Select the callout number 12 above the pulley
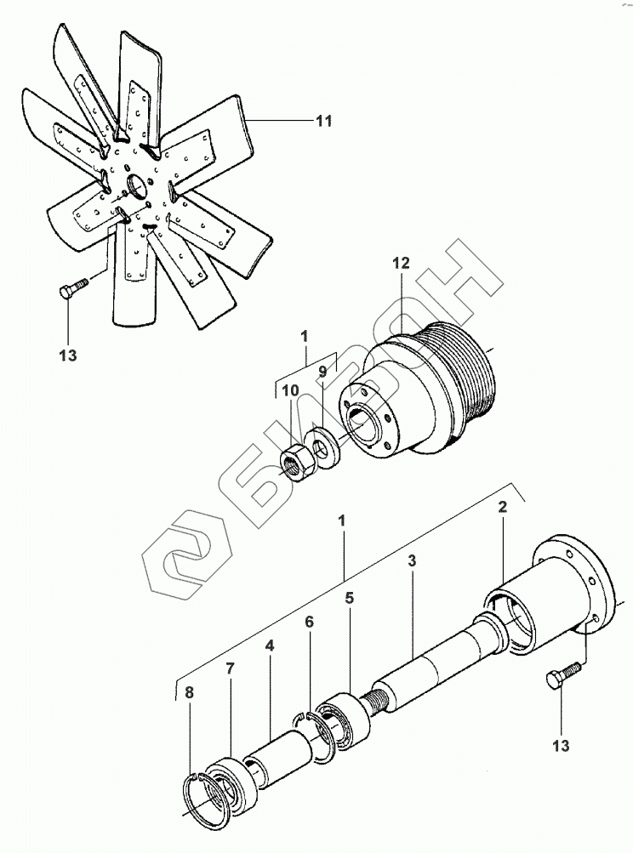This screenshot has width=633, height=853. [401, 264]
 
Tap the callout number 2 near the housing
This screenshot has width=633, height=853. [504, 507]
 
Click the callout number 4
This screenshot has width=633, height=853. [270, 645]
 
